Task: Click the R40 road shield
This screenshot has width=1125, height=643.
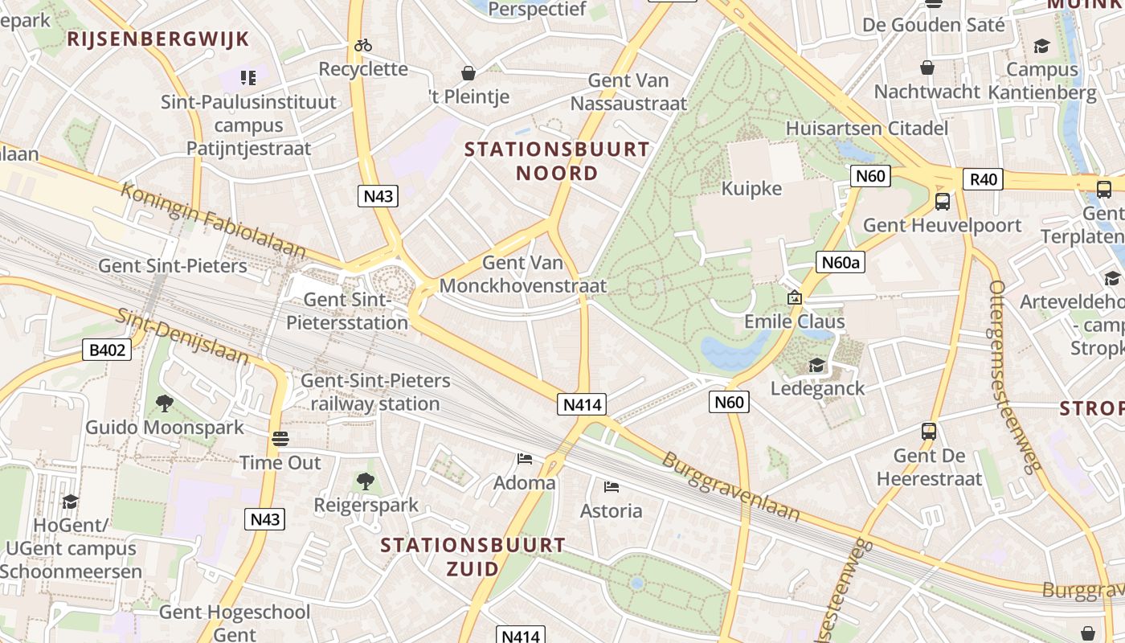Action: coord(983,178)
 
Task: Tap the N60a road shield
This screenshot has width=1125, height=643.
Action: coord(840,261)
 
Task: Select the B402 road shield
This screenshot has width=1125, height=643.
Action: coord(105,350)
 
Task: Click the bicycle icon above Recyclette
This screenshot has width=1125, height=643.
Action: coord(363,45)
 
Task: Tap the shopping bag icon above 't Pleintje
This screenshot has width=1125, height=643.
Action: coord(468,74)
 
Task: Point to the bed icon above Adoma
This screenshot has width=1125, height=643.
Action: coord(525,459)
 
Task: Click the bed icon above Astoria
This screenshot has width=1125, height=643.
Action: coord(612,486)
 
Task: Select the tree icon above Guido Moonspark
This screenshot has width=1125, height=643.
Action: coord(165,403)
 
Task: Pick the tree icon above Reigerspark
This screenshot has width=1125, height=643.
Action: coord(366,481)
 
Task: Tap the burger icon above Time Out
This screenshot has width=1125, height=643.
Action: coord(280,439)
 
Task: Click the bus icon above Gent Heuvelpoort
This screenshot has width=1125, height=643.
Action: coord(942,202)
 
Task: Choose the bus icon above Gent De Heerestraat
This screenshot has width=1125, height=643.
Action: coord(929,432)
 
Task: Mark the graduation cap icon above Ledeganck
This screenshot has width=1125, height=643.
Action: coord(816,365)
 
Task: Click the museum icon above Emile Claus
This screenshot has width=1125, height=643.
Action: coord(794,297)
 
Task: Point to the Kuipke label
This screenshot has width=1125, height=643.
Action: coord(751,188)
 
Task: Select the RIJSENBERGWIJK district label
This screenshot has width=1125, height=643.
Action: coord(158,39)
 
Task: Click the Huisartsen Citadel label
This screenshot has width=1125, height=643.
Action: coord(867,128)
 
